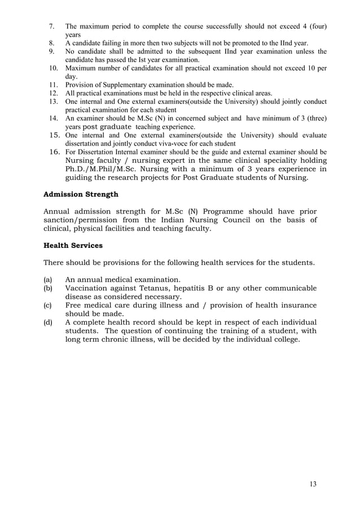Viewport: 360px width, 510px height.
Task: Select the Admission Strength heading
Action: pos(81,194)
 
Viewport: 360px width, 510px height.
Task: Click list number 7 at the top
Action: pos(52,27)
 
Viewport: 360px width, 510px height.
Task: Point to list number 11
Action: pos(53,85)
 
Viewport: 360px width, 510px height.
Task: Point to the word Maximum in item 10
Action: pos(82,68)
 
